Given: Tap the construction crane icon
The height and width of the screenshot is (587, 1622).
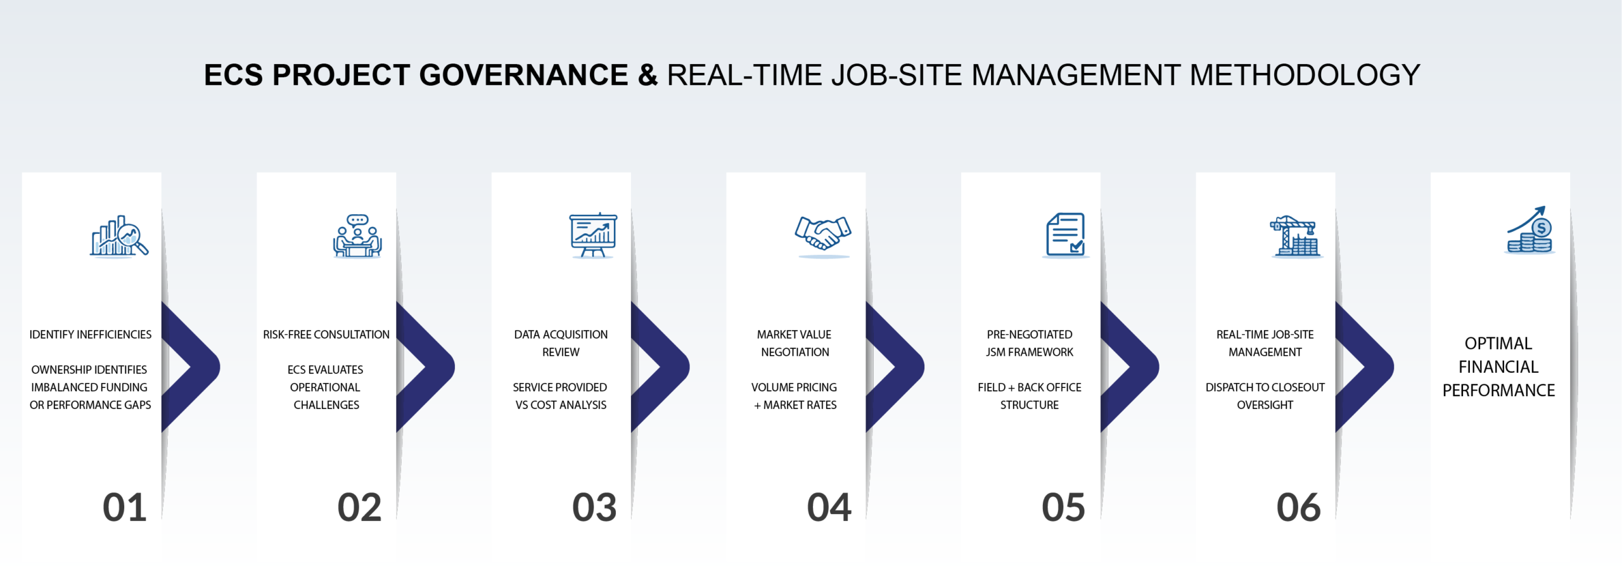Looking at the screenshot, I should (x=1296, y=236).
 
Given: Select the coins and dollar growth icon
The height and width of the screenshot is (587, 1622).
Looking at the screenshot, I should (x=1530, y=231).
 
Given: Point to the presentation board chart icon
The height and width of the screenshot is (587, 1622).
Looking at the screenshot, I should (x=593, y=235).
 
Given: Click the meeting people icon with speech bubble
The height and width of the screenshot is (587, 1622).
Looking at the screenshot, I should (x=357, y=236).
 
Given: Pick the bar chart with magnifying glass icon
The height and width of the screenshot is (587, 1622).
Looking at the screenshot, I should (x=119, y=236).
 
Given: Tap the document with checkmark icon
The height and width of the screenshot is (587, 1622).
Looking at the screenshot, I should (x=1066, y=235).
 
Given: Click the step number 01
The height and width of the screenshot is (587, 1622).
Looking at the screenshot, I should (x=125, y=508).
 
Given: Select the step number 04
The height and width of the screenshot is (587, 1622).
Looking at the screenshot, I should (x=829, y=508).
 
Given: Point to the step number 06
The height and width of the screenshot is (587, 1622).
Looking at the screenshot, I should (x=1298, y=508).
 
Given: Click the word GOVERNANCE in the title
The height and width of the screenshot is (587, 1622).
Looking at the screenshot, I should (x=523, y=75).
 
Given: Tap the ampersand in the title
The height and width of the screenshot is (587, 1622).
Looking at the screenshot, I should (x=648, y=75).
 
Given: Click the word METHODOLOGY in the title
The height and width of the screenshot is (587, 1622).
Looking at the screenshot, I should (x=1305, y=75).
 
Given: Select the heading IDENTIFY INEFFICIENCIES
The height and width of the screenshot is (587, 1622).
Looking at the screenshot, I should (x=91, y=335).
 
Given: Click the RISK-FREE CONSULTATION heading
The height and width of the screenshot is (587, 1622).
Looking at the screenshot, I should (x=326, y=335).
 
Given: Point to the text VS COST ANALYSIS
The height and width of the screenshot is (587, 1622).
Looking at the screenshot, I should (x=561, y=405).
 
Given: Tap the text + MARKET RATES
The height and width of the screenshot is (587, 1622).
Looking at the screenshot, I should (x=795, y=405).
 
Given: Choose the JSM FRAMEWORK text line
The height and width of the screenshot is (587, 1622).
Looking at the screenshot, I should (x=1030, y=352).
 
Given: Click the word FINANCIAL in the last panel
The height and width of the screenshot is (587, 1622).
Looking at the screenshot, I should (x=1498, y=367).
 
